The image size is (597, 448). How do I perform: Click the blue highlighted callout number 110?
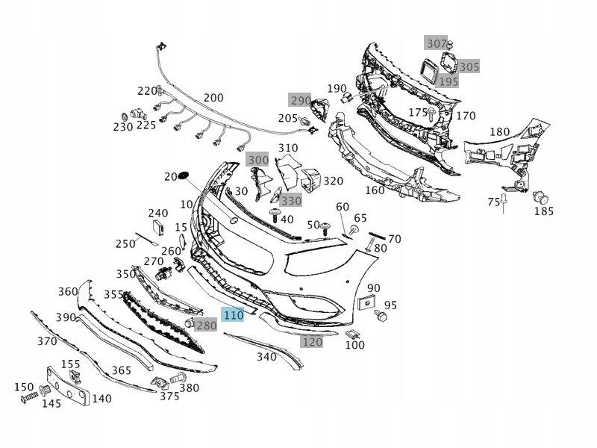point(234,315)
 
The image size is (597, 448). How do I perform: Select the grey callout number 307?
point(435,43)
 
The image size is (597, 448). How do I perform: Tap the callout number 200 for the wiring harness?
point(213,98)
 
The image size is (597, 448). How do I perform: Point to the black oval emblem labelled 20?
point(185,176)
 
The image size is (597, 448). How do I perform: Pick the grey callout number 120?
point(311,342)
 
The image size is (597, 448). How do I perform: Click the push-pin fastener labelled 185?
point(540,197)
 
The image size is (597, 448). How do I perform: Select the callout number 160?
point(375,190)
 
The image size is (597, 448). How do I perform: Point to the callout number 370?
point(47,341)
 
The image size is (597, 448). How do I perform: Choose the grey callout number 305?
point(469,67)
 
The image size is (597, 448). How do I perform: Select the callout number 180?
point(499,132)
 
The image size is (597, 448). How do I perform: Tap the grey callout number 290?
point(300,100)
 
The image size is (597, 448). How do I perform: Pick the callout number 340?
point(266,357)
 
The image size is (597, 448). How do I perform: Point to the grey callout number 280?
point(206,326)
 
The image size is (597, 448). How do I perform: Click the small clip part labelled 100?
point(354,333)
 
